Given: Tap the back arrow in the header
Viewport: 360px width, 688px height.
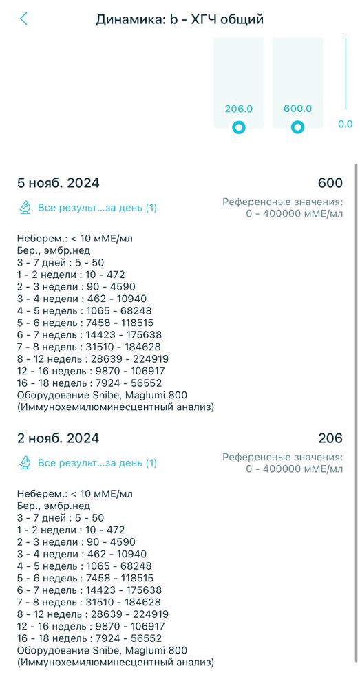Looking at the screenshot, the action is tap(24, 19).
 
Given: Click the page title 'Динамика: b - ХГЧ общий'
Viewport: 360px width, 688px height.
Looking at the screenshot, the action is tap(180, 19).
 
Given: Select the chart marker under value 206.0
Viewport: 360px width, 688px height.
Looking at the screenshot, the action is tap(239, 127).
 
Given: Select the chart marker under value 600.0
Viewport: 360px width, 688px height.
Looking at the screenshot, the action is tap(297, 127).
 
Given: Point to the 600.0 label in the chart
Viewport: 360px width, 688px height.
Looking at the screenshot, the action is tap(297, 109).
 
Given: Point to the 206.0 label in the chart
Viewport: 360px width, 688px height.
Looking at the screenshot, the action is tap(239, 109).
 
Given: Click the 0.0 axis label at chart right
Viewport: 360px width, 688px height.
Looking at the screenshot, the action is tap(345, 125).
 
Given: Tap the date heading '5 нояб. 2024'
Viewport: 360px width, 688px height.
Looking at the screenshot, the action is tap(59, 183).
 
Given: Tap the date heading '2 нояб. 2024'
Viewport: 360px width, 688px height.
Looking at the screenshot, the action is tap(59, 438).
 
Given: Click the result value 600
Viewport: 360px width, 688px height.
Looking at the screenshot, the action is tap(330, 183).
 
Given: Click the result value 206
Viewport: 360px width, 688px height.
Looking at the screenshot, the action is tap(330, 438).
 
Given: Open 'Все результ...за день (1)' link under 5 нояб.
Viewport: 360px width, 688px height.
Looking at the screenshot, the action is tap(97, 207).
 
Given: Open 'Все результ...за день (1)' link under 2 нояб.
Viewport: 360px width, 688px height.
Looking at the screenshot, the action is tap(97, 463).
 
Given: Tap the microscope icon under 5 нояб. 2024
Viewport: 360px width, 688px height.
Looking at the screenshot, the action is tap(25, 207).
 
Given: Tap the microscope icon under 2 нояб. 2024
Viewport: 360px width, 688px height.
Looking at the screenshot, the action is tap(25, 463).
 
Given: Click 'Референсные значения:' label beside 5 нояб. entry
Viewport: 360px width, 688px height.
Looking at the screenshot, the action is tap(282, 202).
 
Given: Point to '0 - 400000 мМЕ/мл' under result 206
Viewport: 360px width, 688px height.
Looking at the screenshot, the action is tap(294, 469).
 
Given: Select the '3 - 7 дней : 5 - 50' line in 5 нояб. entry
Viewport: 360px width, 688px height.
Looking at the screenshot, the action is tap(61, 262).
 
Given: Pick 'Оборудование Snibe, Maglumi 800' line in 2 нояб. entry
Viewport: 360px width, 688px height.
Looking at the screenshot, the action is tap(102, 650).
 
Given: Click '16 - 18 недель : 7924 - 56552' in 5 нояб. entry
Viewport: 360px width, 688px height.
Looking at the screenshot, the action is tap(89, 383).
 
